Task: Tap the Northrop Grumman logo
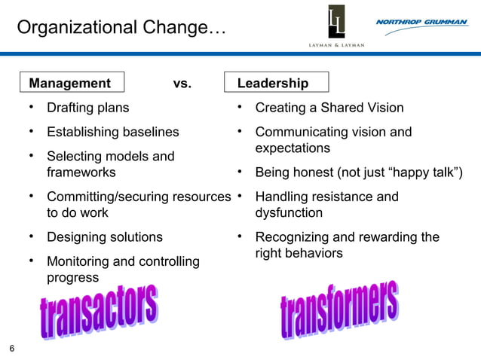click(421, 23)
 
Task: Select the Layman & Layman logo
click(336, 27)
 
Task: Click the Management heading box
click(72, 83)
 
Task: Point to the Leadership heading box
click(277, 83)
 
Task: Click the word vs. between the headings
click(182, 84)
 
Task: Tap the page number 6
click(12, 348)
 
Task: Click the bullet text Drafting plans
click(87, 108)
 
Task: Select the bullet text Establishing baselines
click(113, 132)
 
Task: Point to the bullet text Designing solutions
click(104, 237)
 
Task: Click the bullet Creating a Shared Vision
click(329, 108)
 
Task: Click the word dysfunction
click(289, 213)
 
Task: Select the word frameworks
click(81, 172)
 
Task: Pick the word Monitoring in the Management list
click(78, 262)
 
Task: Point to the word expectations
click(293, 148)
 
